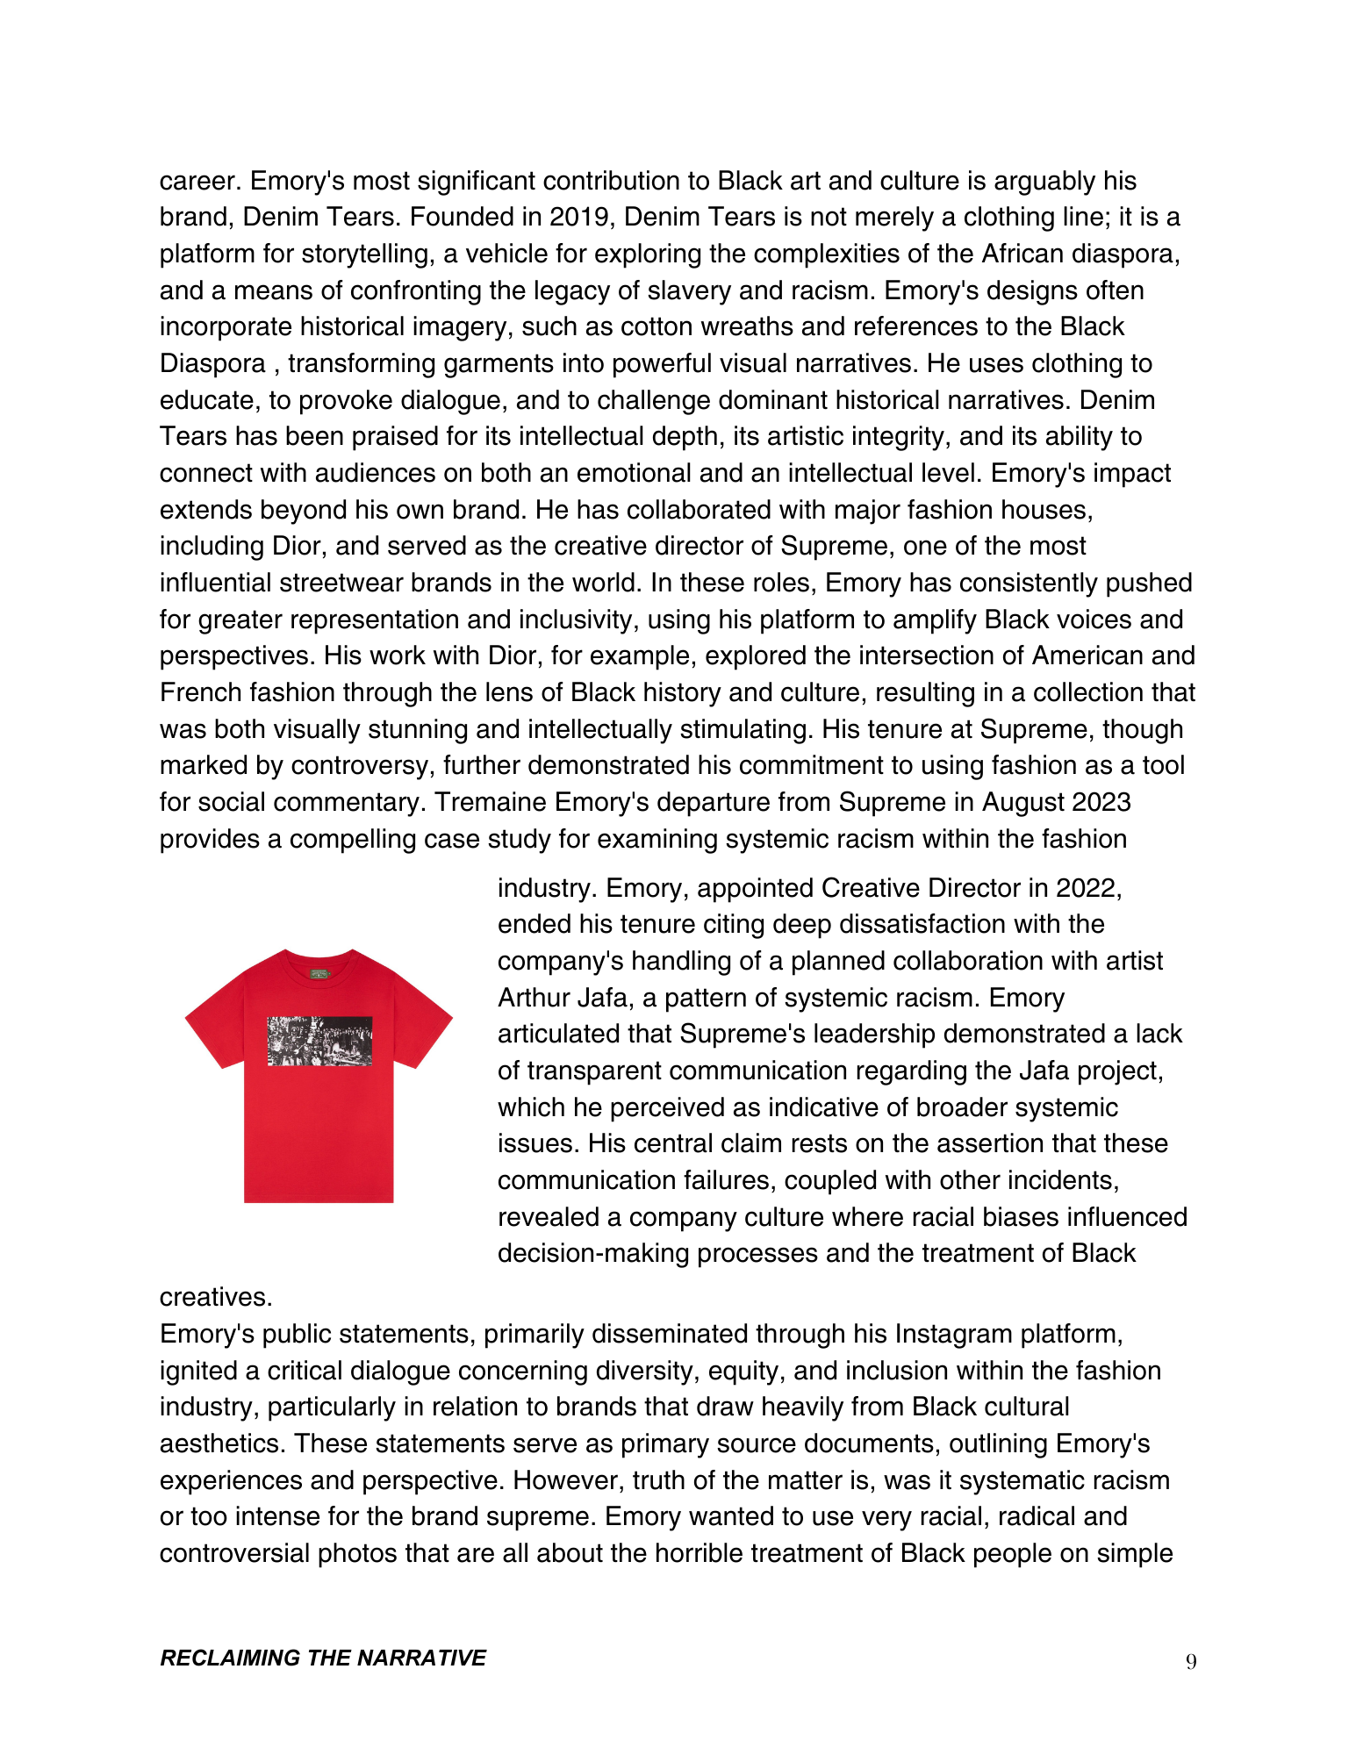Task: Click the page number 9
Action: pos(1190,1660)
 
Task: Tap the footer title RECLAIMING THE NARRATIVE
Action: pos(322,1658)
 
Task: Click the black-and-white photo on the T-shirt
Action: pos(319,1041)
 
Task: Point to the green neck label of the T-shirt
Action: pos(319,973)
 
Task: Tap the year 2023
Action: pos(1099,802)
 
